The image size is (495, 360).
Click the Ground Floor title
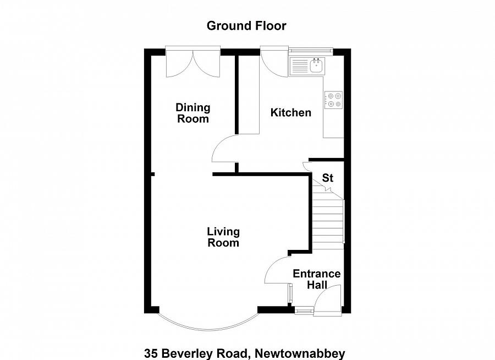pyautogui.click(x=246, y=25)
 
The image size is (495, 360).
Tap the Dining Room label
pyautogui.click(x=193, y=113)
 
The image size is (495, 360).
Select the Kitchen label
pyautogui.click(x=291, y=112)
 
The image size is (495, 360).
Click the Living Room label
pyautogui.click(x=223, y=237)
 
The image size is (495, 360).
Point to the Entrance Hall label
pyautogui.click(x=316, y=279)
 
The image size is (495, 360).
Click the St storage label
pyautogui.click(x=328, y=178)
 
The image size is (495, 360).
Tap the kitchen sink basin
pyautogui.click(x=317, y=67)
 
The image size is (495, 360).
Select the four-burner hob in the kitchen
pyautogui.click(x=333, y=100)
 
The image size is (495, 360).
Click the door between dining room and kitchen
pyautogui.click(x=224, y=149)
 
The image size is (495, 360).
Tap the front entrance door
pyautogui.click(x=328, y=301)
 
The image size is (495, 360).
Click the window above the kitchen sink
pyautogui.click(x=311, y=52)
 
